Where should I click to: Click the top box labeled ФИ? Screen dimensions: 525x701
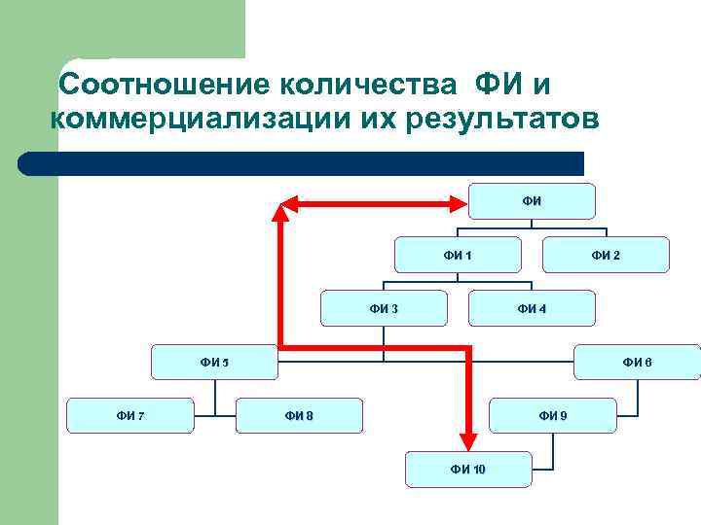(x=532, y=201)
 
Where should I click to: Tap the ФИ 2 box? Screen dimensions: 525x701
(x=606, y=255)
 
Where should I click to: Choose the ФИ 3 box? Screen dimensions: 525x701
(x=385, y=309)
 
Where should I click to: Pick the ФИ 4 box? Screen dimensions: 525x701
(x=532, y=309)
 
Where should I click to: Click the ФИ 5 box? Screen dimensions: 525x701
(x=214, y=363)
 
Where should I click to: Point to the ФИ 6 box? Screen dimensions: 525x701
(x=638, y=363)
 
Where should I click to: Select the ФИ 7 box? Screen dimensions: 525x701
(x=130, y=416)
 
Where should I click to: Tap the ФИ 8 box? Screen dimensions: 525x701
(x=300, y=416)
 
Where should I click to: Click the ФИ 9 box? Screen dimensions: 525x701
(x=552, y=416)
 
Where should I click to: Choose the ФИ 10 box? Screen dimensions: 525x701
(x=469, y=470)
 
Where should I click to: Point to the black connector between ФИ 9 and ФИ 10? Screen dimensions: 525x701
(x=553, y=450)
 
